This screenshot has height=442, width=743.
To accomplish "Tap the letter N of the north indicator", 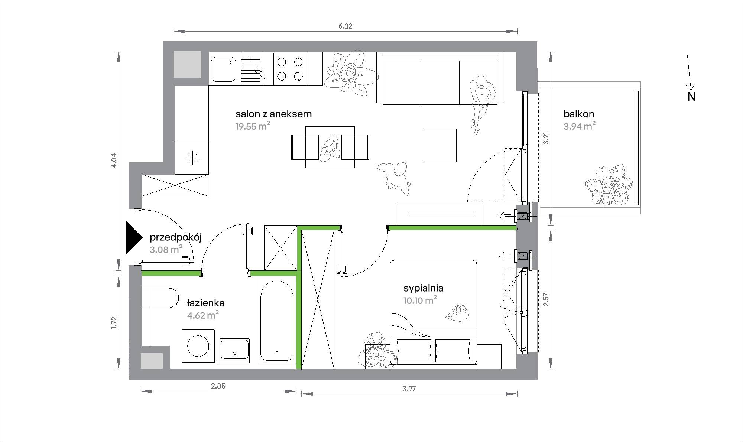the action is point(691,97).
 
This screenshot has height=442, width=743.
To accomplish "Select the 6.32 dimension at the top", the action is point(345,26).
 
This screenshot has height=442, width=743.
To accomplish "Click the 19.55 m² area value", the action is point(253,126).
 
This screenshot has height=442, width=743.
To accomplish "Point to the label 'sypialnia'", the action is point(424,288).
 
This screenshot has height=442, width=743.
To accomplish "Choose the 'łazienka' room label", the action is point(205,303).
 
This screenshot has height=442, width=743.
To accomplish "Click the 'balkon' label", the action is point(579,114).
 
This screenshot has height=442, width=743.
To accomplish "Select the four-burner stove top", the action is point(290,69).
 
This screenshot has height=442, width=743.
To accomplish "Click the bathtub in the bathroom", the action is point(277,321).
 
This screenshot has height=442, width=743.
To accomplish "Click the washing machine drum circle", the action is point(198,346).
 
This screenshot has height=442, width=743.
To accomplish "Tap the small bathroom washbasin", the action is point(234,350).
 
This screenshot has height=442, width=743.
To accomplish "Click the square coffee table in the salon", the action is point(440,145).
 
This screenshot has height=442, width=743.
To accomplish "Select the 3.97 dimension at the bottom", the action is point(409,389).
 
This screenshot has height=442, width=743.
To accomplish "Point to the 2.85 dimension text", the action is point(218,386).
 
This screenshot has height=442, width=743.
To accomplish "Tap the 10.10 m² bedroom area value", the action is point(420,300).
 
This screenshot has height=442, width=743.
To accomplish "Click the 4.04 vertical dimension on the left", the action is point(114,160).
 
